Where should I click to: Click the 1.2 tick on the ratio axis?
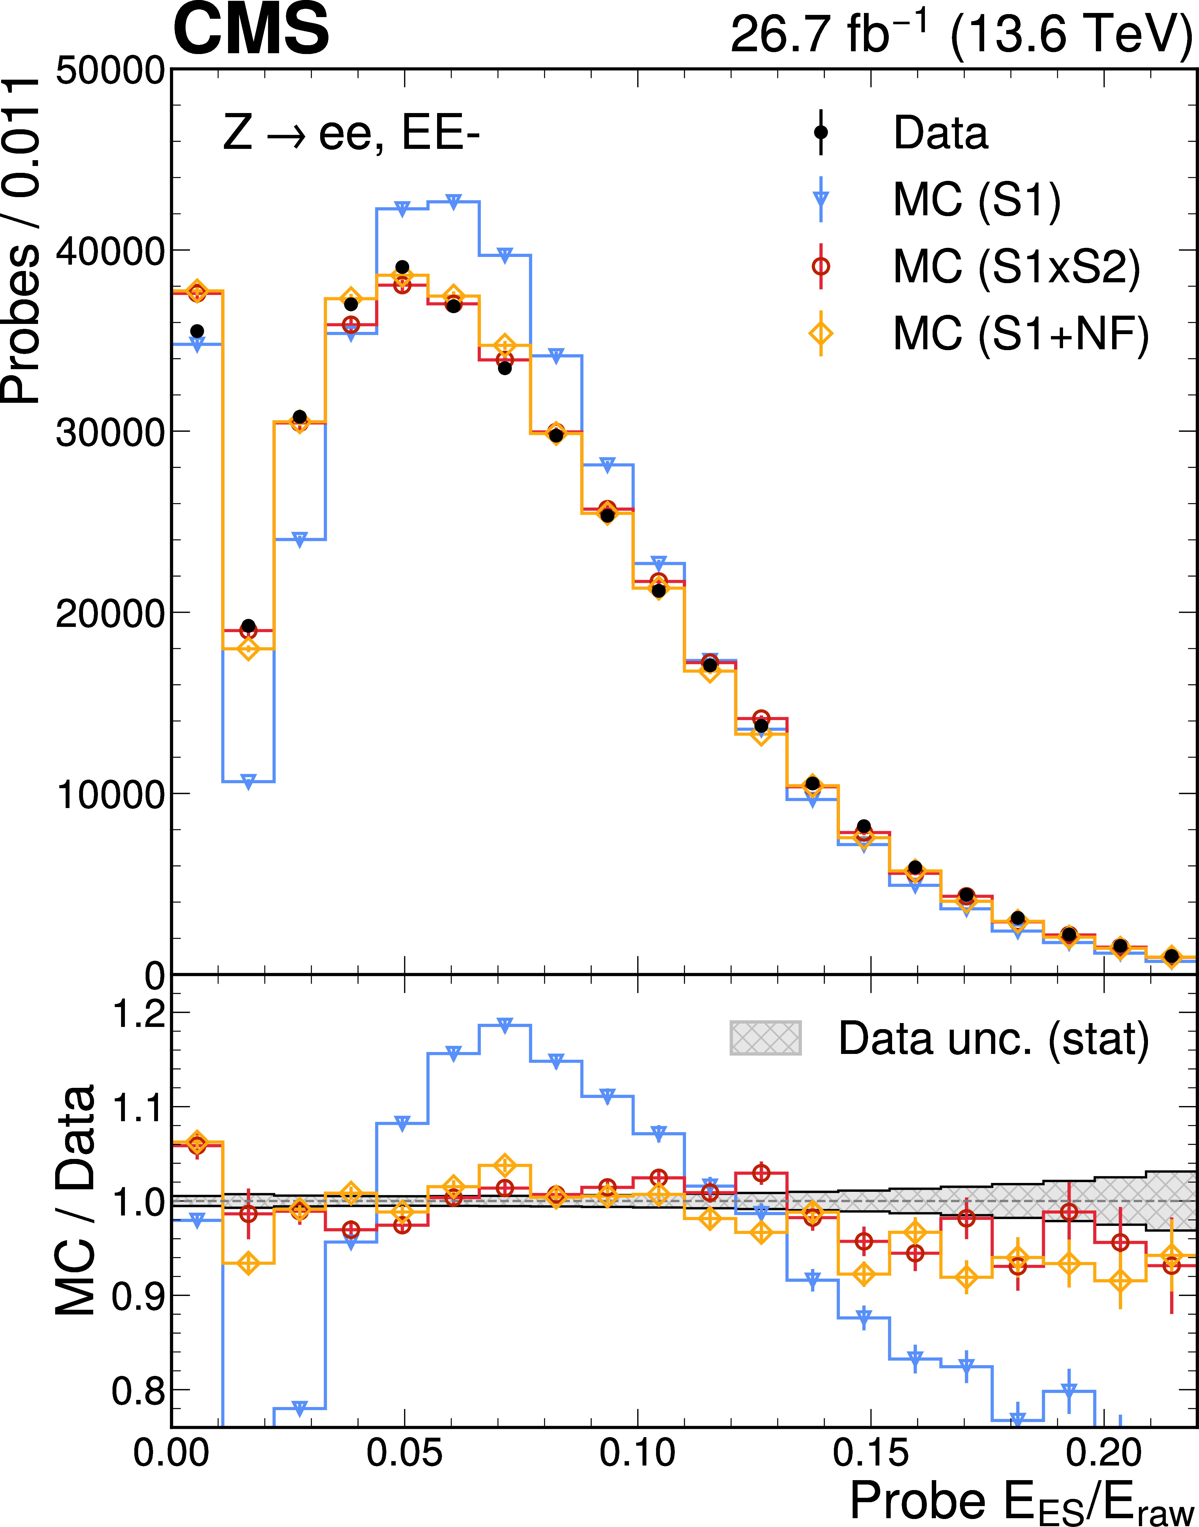(x=139, y=1013)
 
